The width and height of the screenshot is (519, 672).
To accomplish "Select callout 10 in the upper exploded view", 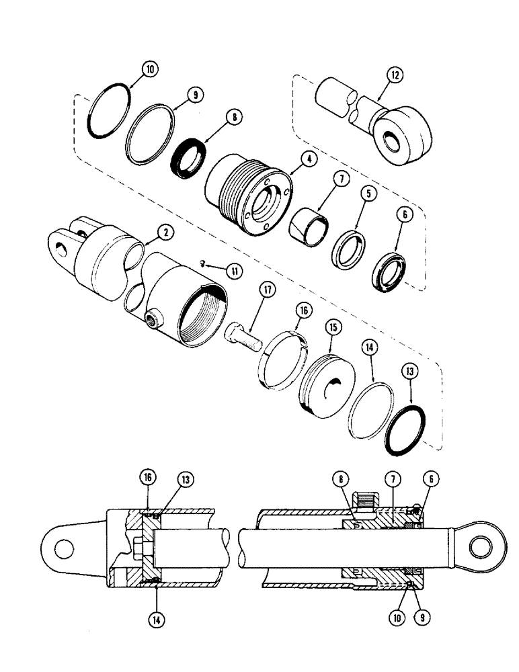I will (x=149, y=69).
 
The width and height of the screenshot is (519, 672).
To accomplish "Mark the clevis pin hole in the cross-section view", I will (x=64, y=548).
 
